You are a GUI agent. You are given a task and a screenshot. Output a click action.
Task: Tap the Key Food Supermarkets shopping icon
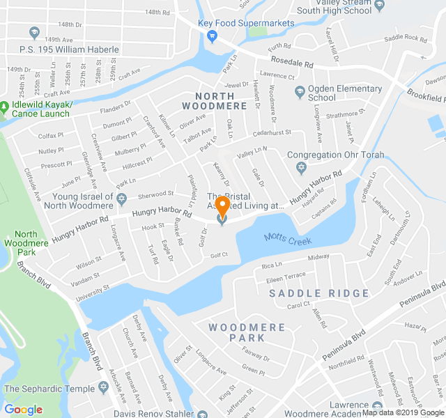tap(213, 37)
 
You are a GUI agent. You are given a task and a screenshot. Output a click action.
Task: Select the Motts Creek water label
tap(286, 239)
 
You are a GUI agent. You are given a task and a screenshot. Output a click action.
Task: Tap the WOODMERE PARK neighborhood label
tap(247, 332)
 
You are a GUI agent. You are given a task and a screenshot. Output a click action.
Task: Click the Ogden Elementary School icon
tap(300, 90)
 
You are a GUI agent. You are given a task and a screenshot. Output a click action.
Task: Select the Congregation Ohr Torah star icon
tap(301, 168)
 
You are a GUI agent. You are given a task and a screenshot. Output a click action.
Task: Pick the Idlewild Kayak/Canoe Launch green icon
tap(6, 107)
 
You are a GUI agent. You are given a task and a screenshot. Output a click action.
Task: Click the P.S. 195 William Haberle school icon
tap(35, 33)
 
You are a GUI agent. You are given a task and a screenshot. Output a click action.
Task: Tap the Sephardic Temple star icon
tap(104, 387)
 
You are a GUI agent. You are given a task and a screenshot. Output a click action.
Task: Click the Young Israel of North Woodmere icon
tap(121, 198)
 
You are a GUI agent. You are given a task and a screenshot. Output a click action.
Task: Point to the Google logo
tap(24, 410)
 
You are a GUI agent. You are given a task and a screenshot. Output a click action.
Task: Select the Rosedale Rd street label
tap(292, 63)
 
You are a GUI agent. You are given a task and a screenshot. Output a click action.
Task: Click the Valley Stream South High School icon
tap(380, 6)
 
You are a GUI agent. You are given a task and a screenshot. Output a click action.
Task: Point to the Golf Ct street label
tap(220, 255)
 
